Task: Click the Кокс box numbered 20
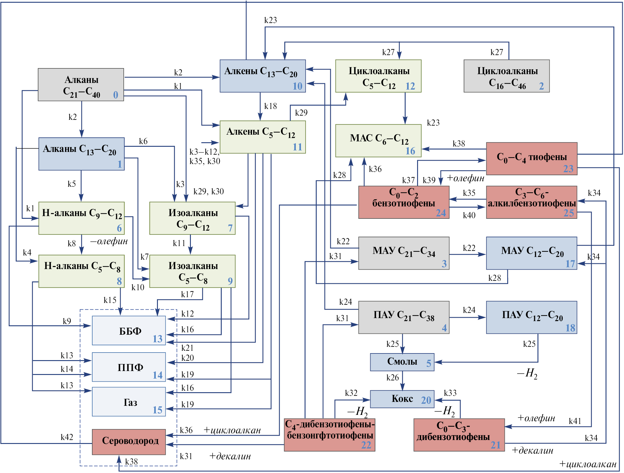click(402, 399)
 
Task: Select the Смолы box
click(402, 362)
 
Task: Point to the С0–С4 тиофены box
click(531, 159)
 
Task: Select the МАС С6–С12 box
click(378, 140)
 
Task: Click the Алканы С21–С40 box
click(81, 84)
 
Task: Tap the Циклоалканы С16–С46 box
click(507, 76)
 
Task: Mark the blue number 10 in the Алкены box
click(297, 86)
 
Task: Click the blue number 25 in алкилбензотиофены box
click(568, 213)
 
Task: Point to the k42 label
click(67, 437)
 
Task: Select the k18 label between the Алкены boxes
click(270, 106)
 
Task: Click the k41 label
click(575, 421)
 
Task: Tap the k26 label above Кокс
click(393, 378)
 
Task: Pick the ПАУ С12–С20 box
click(531, 317)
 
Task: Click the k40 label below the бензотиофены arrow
click(469, 215)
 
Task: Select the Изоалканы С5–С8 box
click(192, 271)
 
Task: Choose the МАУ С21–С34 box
click(403, 253)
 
